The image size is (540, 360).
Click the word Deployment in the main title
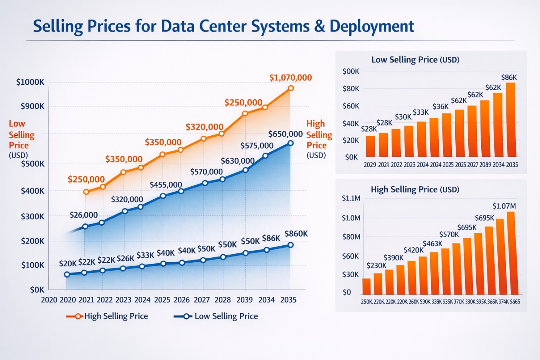click(372, 26)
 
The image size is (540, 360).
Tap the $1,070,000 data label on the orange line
click(290, 77)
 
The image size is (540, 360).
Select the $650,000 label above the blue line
click(285, 134)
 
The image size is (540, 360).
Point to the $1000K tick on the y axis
click(30, 82)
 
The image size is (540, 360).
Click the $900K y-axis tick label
click(32, 106)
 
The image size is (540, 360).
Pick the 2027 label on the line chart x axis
click(202, 300)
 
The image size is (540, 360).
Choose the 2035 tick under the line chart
click(288, 300)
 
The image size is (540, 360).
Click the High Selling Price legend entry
click(107, 316)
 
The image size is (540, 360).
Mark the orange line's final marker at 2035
click(291, 88)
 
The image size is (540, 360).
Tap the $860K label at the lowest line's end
click(296, 233)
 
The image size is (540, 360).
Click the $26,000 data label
click(84, 215)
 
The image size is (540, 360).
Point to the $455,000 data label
click(166, 185)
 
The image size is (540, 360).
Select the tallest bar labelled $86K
click(510, 120)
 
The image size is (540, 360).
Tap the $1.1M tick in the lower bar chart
click(351, 198)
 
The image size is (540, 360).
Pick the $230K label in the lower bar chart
click(376, 265)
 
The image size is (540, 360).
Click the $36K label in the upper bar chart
click(440, 106)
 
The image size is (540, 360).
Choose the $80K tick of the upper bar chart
click(351, 89)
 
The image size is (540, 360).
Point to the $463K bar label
click(432, 243)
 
